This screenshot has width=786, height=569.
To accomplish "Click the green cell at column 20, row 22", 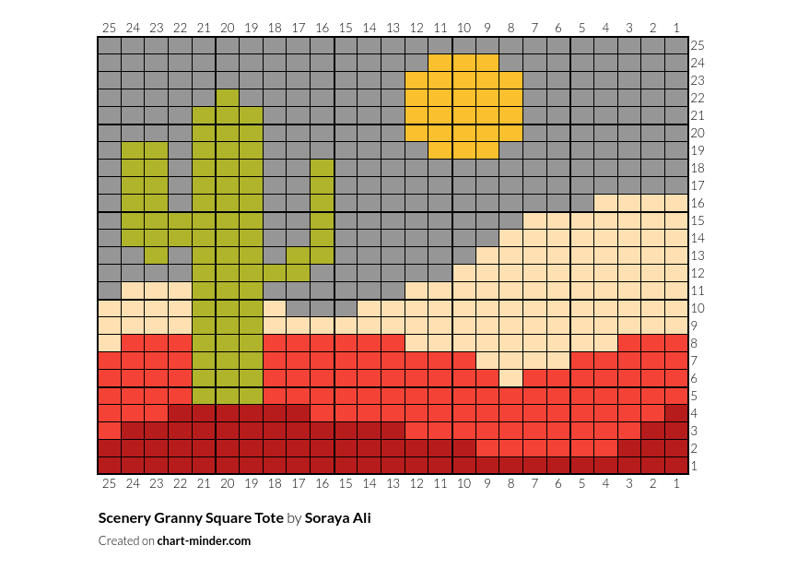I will coord(228,98).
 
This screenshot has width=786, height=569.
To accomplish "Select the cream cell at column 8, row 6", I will coord(511,378).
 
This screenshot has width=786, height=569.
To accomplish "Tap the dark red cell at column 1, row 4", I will coord(677,413).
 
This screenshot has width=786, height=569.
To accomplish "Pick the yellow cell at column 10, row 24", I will coord(464,63).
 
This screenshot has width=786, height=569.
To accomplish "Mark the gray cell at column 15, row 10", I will coord(346,308).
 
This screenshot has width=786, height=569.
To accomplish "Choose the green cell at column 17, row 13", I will coord(299,255).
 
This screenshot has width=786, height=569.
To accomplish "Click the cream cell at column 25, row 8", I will coord(110,343).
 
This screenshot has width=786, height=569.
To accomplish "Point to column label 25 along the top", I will coord(110,29).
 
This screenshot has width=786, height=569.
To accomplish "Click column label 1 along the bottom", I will coord(677,482).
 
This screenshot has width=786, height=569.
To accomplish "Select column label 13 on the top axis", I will coord(393,29).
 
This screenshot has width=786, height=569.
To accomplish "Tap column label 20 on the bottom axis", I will coord(228,482).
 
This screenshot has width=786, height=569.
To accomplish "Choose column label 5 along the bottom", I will coord(582,482).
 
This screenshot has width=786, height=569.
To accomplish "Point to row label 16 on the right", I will coord(698,203).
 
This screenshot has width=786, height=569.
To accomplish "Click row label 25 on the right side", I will coord(698,45).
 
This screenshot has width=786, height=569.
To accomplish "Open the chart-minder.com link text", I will coord(204,541).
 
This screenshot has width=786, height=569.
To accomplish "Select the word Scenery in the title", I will coord(123,518).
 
